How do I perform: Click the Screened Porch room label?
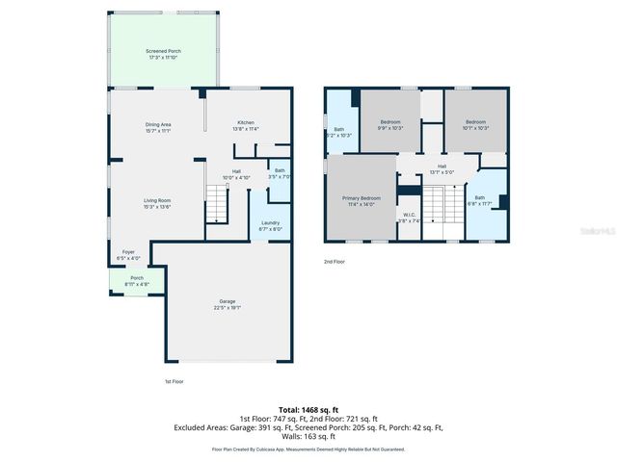point(163,54)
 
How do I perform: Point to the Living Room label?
point(157,202)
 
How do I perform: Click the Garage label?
point(228,305)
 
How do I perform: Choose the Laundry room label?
point(270,226)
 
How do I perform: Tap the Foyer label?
point(128,255)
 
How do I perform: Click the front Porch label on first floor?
point(136,282)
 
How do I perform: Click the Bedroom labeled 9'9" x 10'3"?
point(389,125)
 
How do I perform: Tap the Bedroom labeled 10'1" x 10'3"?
point(476,125)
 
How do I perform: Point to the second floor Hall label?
point(442,169)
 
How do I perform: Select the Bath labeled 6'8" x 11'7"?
point(479,200)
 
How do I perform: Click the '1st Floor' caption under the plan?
point(175,382)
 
